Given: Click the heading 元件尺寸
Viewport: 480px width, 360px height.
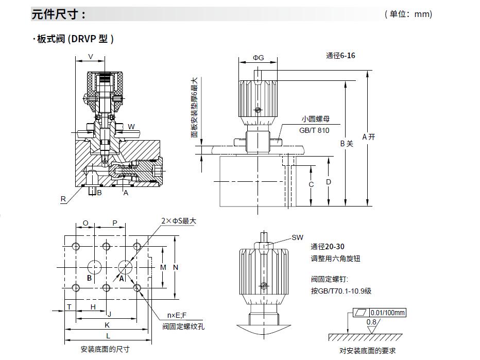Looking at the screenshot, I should (x=58, y=14).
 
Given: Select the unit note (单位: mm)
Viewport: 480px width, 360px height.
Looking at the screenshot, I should (x=408, y=14).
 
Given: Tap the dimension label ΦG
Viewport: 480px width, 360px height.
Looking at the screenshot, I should (x=258, y=58).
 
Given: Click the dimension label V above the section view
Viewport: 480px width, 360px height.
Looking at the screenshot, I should (x=91, y=56).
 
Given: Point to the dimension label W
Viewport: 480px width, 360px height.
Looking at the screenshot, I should (x=131, y=127).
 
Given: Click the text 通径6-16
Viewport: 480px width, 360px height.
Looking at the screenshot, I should (x=340, y=56).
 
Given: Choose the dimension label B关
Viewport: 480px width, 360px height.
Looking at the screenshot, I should (x=346, y=144).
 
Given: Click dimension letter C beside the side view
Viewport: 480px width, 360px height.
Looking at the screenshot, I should (x=311, y=184).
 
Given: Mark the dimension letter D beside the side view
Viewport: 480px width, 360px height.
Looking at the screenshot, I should (x=329, y=182).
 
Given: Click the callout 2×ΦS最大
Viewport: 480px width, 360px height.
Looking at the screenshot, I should (x=178, y=220).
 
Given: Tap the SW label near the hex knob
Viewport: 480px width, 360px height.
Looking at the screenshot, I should (x=297, y=237).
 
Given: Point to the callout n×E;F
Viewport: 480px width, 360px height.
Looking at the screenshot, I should (x=178, y=315).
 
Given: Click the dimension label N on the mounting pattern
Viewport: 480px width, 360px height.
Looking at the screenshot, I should (x=176, y=267).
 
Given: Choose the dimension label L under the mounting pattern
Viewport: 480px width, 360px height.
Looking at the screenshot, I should (x=107, y=336).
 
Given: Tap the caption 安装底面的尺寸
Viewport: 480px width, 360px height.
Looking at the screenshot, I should (x=105, y=350).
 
